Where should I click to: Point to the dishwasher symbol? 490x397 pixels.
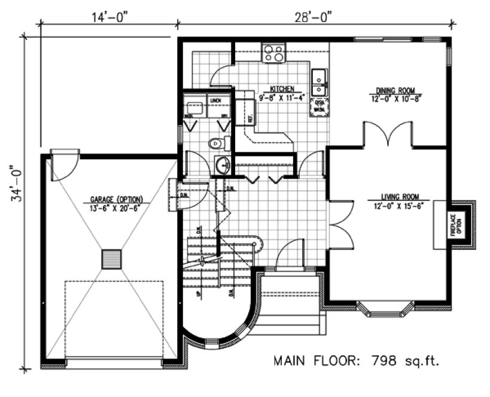[x=319, y=106]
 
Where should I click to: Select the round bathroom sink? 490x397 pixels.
[x=222, y=164]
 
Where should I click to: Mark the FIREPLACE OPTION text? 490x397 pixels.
[x=458, y=224]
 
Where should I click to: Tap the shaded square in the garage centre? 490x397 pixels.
[x=112, y=259]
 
